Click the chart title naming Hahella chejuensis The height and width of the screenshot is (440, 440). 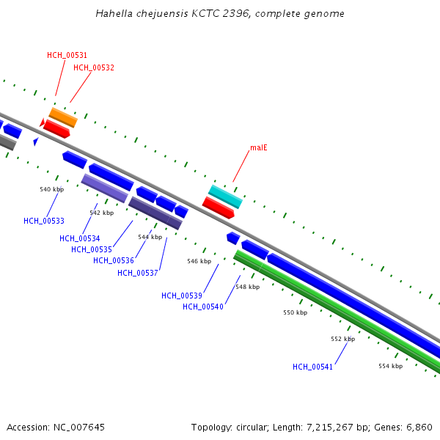[220, 14]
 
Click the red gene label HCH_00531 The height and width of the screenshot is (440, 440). [67, 55]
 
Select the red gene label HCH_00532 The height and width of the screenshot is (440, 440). [94, 67]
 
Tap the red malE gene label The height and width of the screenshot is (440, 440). [259, 147]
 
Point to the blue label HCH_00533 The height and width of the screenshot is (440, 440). [44, 221]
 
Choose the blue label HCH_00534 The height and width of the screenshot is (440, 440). [80, 238]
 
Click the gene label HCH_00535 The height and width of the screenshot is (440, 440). [92, 249]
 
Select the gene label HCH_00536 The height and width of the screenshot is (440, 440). [114, 260]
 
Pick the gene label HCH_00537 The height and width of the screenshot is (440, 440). [138, 273]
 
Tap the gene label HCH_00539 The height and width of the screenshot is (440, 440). [182, 296]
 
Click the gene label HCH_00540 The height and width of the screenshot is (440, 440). [203, 307]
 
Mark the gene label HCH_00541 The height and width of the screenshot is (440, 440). [313, 367]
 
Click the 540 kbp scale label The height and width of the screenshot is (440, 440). [52, 189]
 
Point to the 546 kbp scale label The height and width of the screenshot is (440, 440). [199, 261]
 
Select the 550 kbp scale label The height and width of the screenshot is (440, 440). [296, 312]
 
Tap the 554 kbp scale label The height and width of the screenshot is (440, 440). [390, 366]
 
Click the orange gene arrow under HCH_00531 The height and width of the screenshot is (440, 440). [63, 117]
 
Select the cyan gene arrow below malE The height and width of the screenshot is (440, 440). [225, 197]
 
